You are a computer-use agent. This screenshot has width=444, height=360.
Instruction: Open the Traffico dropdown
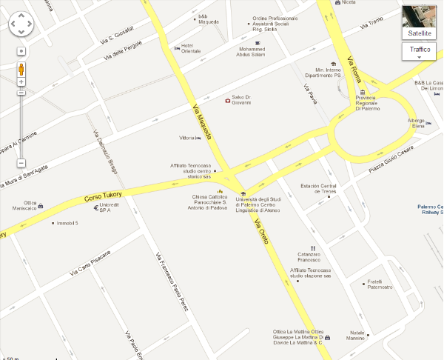pyautogui.click(x=420, y=50)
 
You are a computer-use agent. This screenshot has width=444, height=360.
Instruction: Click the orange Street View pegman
pyautogui.click(x=21, y=70)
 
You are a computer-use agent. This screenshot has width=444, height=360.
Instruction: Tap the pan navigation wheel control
pyautogui.click(x=21, y=25)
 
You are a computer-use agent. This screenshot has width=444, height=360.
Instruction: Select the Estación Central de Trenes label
pyautogui.click(x=318, y=189)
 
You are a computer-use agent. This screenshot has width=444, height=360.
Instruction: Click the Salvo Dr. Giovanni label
pyautogui.click(x=241, y=100)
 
